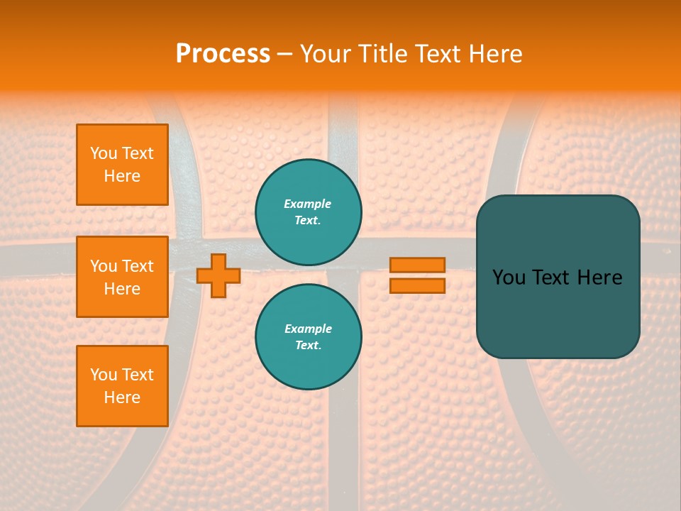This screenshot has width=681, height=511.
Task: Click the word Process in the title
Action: (x=223, y=54)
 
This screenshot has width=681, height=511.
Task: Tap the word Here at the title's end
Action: (x=493, y=54)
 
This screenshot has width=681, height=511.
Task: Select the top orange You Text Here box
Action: (x=122, y=165)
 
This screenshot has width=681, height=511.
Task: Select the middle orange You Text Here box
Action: (x=122, y=277)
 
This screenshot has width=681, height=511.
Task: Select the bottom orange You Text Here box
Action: (x=122, y=386)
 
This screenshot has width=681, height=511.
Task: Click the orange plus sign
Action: (x=218, y=275)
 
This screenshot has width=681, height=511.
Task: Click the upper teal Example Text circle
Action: (x=309, y=212)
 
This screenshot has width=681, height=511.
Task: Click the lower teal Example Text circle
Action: (x=309, y=337)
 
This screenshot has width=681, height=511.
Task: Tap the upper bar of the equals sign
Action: (x=418, y=265)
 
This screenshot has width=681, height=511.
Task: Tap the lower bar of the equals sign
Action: (x=418, y=286)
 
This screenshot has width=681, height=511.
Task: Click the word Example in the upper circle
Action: (x=308, y=204)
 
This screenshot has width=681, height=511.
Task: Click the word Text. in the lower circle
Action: (x=308, y=346)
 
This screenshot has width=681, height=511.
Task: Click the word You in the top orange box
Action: (x=104, y=153)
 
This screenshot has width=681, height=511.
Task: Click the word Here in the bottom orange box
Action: (x=122, y=397)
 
